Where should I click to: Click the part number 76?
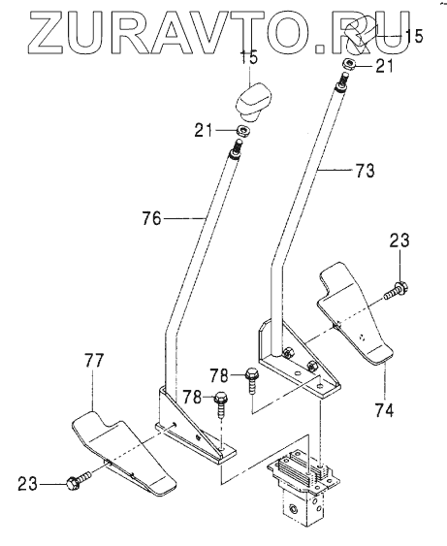[152, 219]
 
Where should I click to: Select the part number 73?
[365, 171]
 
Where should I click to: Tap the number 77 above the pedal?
[94, 361]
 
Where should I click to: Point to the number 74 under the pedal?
[384, 410]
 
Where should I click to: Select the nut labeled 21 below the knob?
[244, 131]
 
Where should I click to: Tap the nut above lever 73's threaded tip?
[348, 64]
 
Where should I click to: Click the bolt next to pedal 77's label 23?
[78, 481]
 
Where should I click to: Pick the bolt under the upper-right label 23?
[397, 290]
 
